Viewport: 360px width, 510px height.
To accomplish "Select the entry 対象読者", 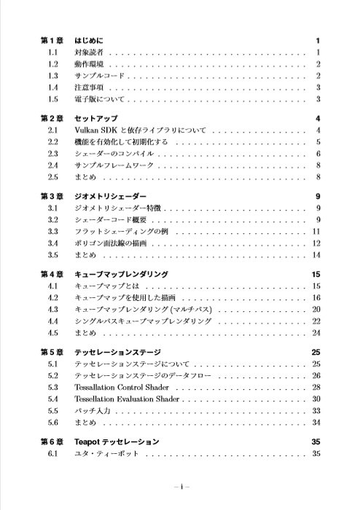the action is tap(88, 53).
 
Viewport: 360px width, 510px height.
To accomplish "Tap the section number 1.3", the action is tap(52, 76).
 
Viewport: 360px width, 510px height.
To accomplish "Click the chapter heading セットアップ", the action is tap(96, 118).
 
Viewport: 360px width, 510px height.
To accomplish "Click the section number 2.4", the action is tap(52, 165).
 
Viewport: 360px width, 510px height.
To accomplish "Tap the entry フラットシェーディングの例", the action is tap(122, 232).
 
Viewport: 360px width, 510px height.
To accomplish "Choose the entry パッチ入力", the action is tap(92, 410).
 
